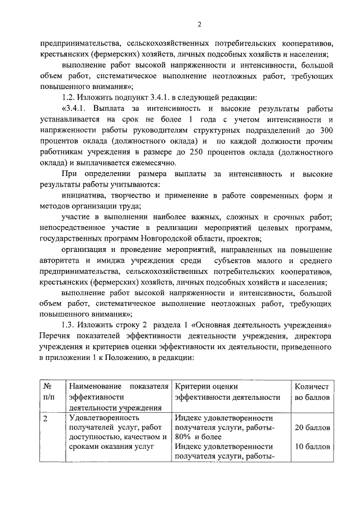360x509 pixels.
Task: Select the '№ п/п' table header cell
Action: pos(48,392)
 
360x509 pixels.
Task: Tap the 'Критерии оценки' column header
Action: pos(207,387)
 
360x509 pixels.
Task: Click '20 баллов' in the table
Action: pos(312,428)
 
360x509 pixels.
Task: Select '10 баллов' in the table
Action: pos(312,447)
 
